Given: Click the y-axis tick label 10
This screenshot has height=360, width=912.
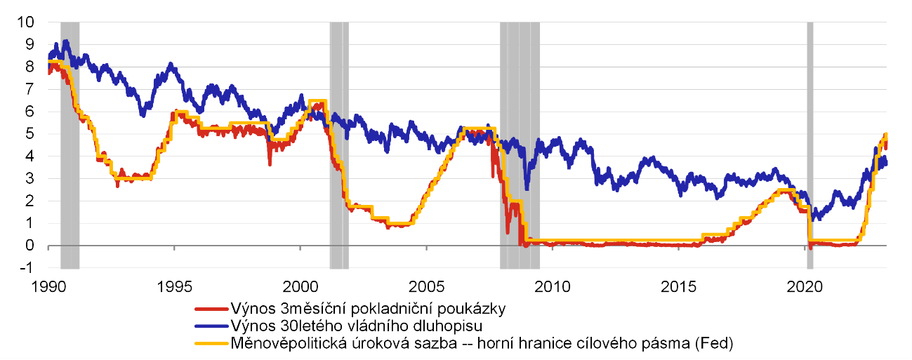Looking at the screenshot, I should (x=26, y=22).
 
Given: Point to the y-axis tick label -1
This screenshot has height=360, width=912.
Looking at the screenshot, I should (x=26, y=268).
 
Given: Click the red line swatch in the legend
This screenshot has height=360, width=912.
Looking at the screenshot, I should (x=211, y=309).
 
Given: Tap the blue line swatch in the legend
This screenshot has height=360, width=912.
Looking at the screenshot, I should (x=211, y=326).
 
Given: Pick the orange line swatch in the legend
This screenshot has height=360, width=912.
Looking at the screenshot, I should (x=211, y=343).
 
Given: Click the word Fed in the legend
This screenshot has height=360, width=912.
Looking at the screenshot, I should (x=718, y=343).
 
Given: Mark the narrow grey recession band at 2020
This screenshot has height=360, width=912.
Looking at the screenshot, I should (x=809, y=140).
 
